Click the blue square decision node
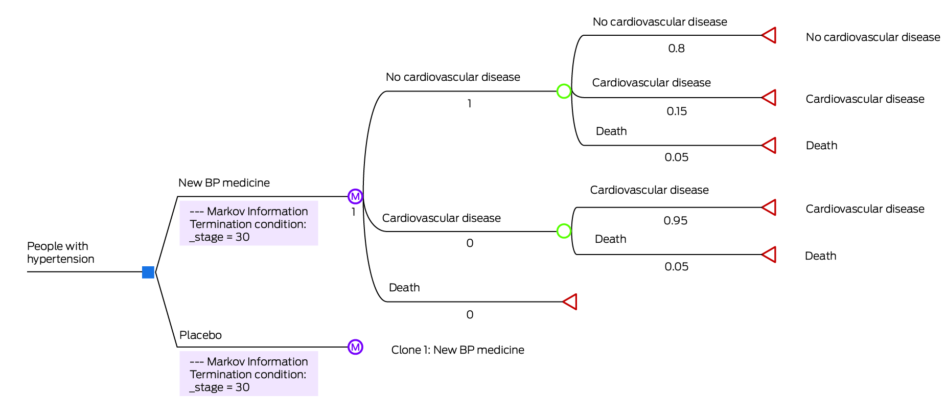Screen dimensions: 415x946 click(x=148, y=272)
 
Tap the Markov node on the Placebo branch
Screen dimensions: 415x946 click(x=355, y=347)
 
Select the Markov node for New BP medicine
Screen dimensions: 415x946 click(x=355, y=196)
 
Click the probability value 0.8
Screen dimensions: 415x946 click(x=676, y=49)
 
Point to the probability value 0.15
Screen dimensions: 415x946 click(x=677, y=111)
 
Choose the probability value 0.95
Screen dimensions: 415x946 click(x=676, y=221)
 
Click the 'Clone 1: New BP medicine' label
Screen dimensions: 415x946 click(x=457, y=350)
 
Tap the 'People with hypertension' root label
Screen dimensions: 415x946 click(x=60, y=252)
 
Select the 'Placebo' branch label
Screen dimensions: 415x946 click(x=200, y=335)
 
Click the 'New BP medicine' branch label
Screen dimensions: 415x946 click(x=224, y=183)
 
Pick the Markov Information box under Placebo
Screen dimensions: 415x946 click(x=248, y=374)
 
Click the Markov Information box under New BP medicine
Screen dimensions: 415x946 click(x=248, y=224)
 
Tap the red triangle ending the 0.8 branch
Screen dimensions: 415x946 click(x=769, y=35)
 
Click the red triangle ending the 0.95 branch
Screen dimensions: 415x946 click(x=769, y=207)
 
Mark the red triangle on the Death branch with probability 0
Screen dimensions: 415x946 click(x=570, y=302)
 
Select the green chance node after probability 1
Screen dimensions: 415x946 click(x=564, y=91)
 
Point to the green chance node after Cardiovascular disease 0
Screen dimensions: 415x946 click(x=564, y=232)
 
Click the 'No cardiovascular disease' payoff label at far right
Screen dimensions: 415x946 click(x=872, y=37)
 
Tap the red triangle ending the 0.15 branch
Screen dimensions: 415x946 click(x=769, y=98)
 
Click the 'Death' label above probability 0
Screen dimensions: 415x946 click(x=404, y=288)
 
